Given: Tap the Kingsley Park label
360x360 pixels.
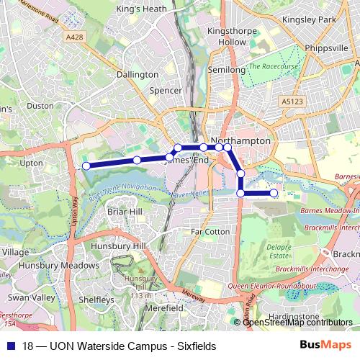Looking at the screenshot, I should click(310, 19).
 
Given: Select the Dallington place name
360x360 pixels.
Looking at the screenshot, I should click(138, 74).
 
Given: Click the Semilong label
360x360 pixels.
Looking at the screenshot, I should click(222, 69).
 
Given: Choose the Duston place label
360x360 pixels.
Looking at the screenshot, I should click(40, 105).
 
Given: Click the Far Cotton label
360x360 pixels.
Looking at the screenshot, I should click(210, 231).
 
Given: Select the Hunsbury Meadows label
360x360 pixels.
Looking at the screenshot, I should click(48, 265).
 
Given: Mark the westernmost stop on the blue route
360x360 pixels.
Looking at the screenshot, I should click(86, 166).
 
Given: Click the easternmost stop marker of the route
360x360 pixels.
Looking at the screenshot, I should click(274, 193).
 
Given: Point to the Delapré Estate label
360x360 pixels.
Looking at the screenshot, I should click(279, 252).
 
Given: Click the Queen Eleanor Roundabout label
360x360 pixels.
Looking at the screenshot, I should click(271, 286).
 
